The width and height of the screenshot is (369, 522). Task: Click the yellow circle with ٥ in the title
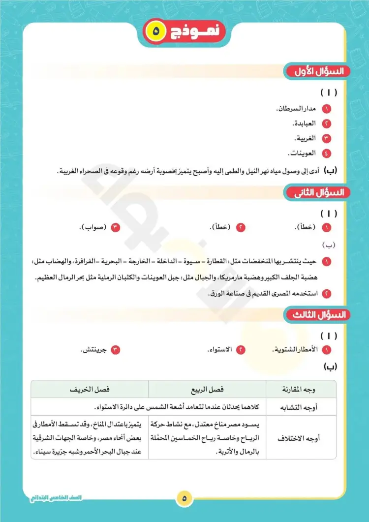[x=156, y=31]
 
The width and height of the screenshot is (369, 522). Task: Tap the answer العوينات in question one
[x=302, y=153]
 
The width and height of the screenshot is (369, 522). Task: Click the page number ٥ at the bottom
[x=184, y=498]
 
